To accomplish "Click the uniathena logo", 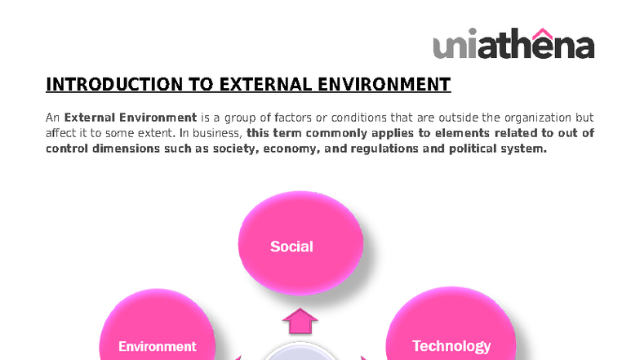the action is coord(513,43).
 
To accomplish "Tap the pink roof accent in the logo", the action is coord(542,33).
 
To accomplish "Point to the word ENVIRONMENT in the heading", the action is coord(384,85).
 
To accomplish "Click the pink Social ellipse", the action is coord(300,243).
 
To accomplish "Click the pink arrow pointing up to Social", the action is coord(300,321).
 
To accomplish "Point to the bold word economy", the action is coord(291,149).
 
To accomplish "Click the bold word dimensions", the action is coord(126,149).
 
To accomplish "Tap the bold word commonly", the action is coord(331,134).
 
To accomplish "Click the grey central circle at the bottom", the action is coord(300,352).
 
